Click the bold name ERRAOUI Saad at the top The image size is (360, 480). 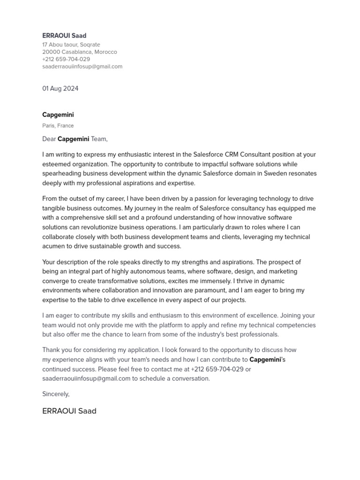[x=64, y=36]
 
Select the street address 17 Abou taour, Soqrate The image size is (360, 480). [x=71, y=45]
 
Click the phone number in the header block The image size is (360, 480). [x=66, y=60]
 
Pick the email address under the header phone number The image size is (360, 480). [x=82, y=67]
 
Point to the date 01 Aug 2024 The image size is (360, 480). [x=60, y=89]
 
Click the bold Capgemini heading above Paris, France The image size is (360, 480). [x=58, y=115]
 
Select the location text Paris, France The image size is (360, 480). [x=58, y=126]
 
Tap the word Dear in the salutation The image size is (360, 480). [x=49, y=139]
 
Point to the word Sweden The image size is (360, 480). [x=275, y=173]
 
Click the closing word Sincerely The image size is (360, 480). [x=56, y=394]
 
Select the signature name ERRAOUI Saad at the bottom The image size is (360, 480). [x=69, y=411]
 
